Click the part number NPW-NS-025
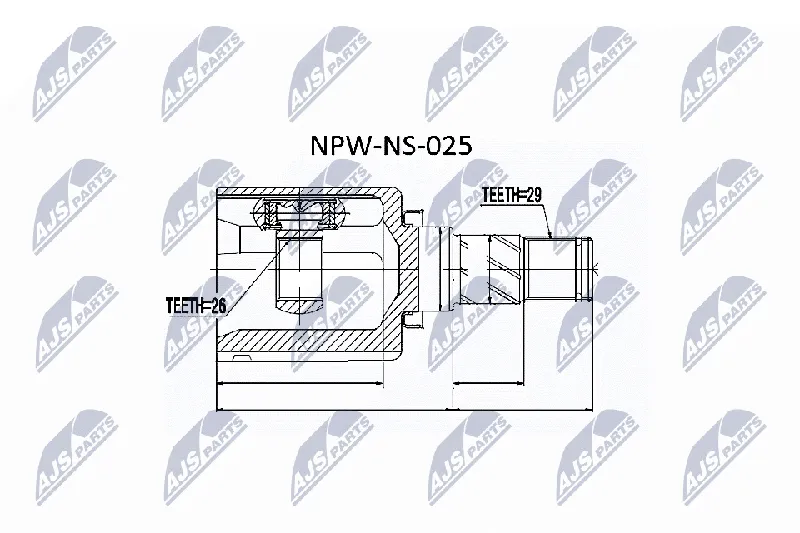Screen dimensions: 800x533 (391, 146)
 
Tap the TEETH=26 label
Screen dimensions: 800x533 (196, 305)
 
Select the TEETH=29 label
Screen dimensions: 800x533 (512, 195)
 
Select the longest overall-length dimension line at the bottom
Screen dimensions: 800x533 (405, 409)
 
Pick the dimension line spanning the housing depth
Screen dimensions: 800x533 (300, 383)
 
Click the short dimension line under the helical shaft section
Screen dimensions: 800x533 (488, 383)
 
